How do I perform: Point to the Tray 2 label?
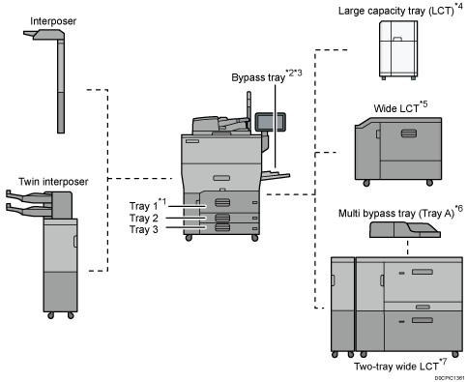click(x=146, y=218)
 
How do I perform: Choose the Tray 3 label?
click(x=146, y=229)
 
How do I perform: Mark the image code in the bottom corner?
click(x=448, y=377)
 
